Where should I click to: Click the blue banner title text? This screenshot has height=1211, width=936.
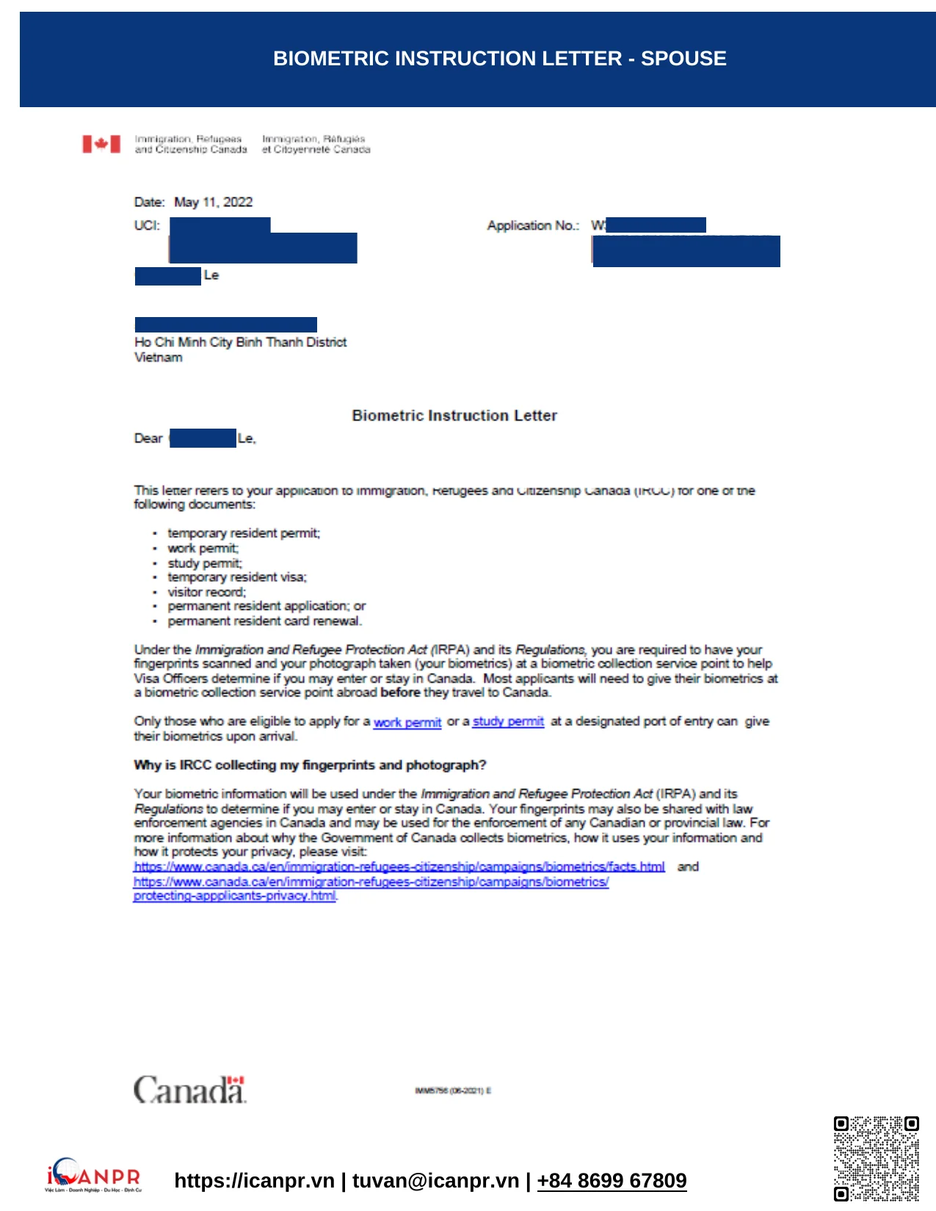499,59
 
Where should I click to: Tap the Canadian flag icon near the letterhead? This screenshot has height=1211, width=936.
101,144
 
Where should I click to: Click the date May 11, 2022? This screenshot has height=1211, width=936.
213,203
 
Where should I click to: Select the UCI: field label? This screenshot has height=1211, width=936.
147,225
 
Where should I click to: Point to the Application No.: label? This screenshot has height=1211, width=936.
533,225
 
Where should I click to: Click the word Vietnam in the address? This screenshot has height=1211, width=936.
159,357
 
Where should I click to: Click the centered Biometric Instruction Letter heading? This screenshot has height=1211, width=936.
454,415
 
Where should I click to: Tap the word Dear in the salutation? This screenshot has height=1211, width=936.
148,438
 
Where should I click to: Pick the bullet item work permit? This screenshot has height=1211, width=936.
203,548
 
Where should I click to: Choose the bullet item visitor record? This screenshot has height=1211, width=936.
207,592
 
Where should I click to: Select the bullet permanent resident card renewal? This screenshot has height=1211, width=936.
264,621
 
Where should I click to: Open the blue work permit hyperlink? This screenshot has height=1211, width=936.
407,722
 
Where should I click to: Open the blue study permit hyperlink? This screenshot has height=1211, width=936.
508,721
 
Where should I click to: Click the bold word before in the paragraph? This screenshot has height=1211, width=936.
400,692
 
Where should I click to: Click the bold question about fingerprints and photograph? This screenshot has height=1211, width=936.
310,765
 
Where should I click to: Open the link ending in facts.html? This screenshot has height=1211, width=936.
399,867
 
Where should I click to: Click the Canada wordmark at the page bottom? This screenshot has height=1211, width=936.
189,1090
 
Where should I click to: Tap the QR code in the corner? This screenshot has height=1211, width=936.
876,1159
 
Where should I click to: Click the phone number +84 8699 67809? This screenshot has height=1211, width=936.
612,1180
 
